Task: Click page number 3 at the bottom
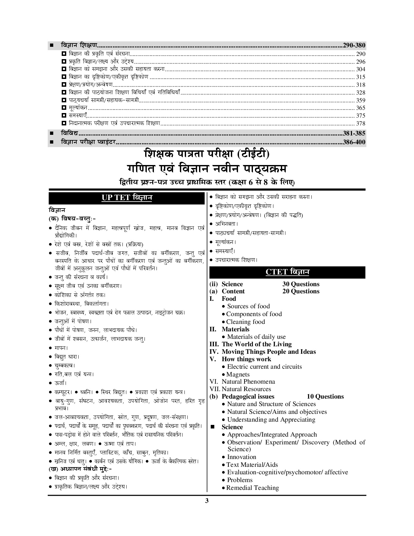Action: (x=207, y=501)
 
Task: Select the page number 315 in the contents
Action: (x=360, y=77)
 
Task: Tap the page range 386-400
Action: (x=354, y=142)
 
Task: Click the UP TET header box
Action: (x=127, y=198)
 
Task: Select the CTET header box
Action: (x=287, y=272)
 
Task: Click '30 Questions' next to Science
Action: (x=301, y=284)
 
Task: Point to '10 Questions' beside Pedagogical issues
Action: (x=325, y=396)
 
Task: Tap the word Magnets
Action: (x=238, y=374)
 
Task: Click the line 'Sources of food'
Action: (x=248, y=306)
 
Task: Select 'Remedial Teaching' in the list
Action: (x=252, y=488)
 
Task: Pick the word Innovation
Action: (x=242, y=457)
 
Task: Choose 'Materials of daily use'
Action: (x=256, y=337)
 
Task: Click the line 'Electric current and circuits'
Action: (x=264, y=366)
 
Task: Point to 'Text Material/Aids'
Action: (x=252, y=465)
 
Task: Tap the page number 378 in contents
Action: (x=360, y=123)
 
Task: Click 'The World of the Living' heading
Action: (x=257, y=344)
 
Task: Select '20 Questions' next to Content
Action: (x=301, y=291)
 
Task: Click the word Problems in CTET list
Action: (x=240, y=480)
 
